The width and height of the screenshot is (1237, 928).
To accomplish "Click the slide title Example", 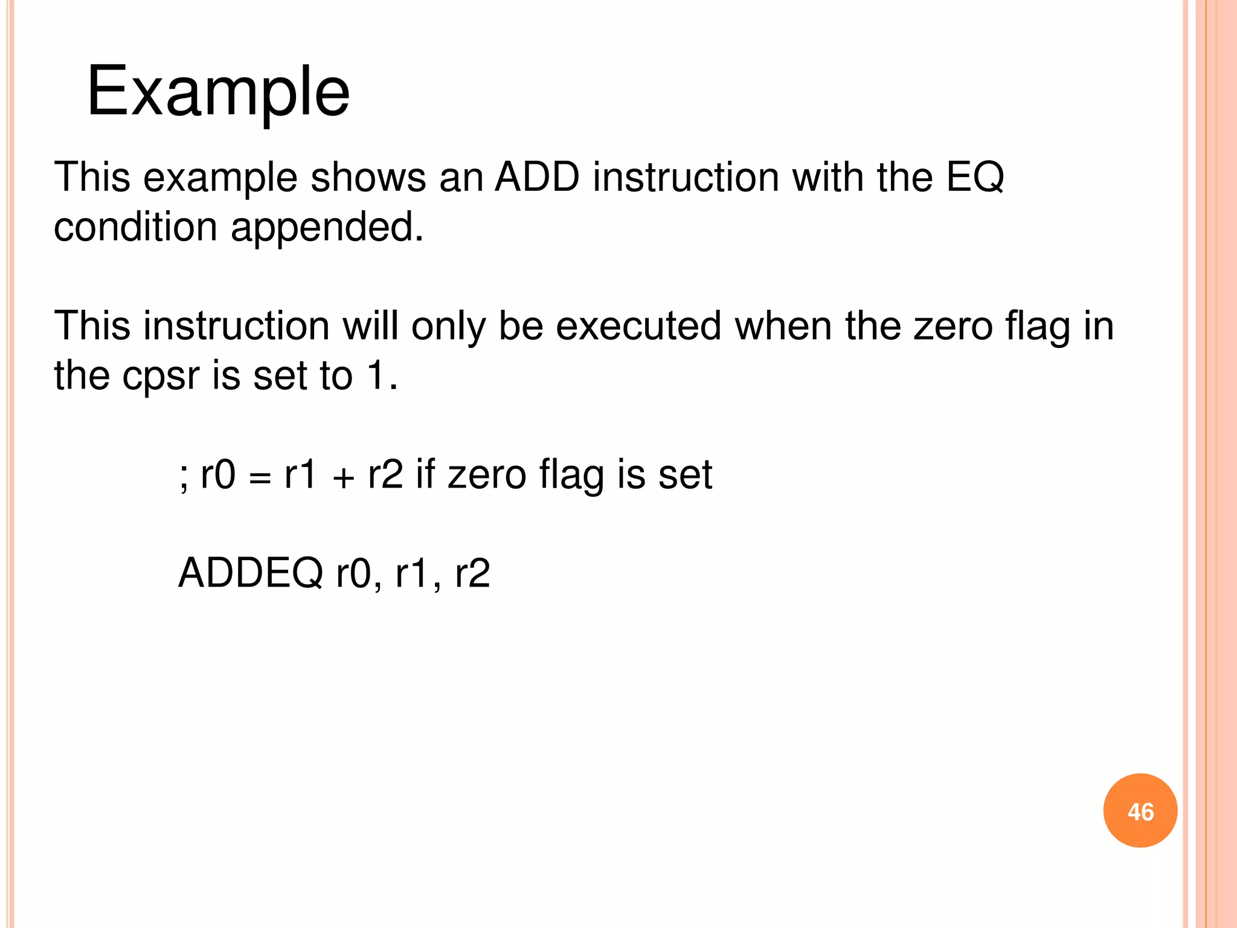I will [218, 92].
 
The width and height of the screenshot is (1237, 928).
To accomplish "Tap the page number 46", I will [1140, 811].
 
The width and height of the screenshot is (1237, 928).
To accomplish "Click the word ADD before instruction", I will [537, 178].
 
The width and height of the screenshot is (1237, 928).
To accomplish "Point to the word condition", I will [135, 227].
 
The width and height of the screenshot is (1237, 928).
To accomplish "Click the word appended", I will [327, 228].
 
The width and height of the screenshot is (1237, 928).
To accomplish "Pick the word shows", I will [368, 178].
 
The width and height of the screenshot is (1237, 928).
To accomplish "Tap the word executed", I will [638, 326].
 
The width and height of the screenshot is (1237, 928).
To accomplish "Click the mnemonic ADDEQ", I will [251, 573].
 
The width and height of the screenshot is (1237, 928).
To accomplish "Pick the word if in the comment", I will [425, 475].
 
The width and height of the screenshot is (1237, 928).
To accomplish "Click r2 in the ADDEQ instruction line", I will [472, 573].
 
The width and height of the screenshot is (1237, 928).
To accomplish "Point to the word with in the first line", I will [827, 178].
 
